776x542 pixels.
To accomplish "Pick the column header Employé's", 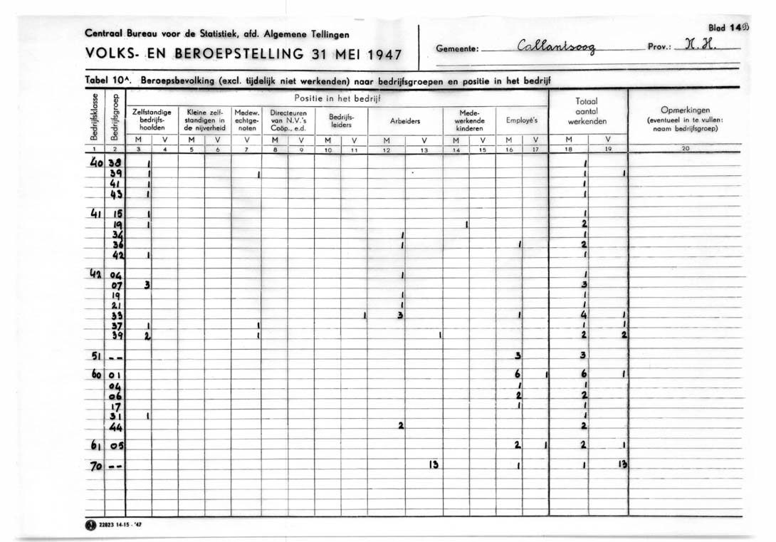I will pyautogui.click(x=522, y=121).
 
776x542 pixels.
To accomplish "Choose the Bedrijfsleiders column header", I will pyautogui.click(x=340, y=120).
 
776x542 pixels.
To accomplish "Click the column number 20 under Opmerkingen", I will pyautogui.click(x=685, y=148).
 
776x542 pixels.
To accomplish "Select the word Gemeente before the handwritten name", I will pyautogui.click(x=459, y=50).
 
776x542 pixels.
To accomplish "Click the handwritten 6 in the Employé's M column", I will pyautogui.click(x=518, y=374).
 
